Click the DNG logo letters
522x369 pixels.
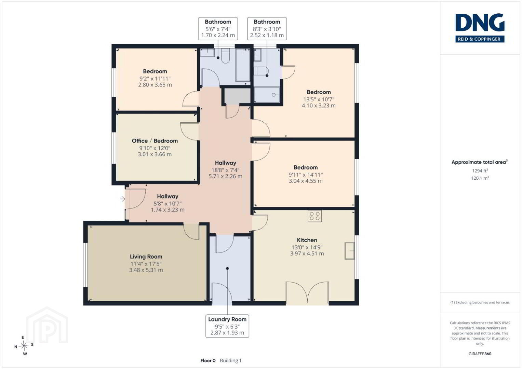[x=480, y=22]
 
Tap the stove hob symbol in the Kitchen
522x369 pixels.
[x=314, y=216]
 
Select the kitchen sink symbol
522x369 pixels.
[x=349, y=251]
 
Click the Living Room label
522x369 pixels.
[x=146, y=257]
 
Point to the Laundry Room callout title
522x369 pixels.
[x=227, y=319]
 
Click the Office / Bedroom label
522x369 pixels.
[x=155, y=141]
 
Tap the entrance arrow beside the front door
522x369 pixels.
[x=123, y=199]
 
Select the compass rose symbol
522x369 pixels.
[x=24, y=346]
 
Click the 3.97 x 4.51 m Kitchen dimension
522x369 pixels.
[x=307, y=254]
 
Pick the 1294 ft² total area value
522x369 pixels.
[x=480, y=170]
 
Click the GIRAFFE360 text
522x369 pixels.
[x=480, y=354]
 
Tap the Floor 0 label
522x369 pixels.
[x=208, y=360]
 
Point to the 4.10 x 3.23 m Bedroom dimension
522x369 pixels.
[x=319, y=105]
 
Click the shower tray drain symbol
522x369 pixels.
[x=273, y=95]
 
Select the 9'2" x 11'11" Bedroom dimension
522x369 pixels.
[x=155, y=79]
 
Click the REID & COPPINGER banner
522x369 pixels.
[x=480, y=39]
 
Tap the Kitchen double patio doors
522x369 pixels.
[x=307, y=293]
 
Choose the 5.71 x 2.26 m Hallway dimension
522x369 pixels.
[x=225, y=176]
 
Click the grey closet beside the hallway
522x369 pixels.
[x=237, y=96]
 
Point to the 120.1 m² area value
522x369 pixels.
[x=480, y=178]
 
